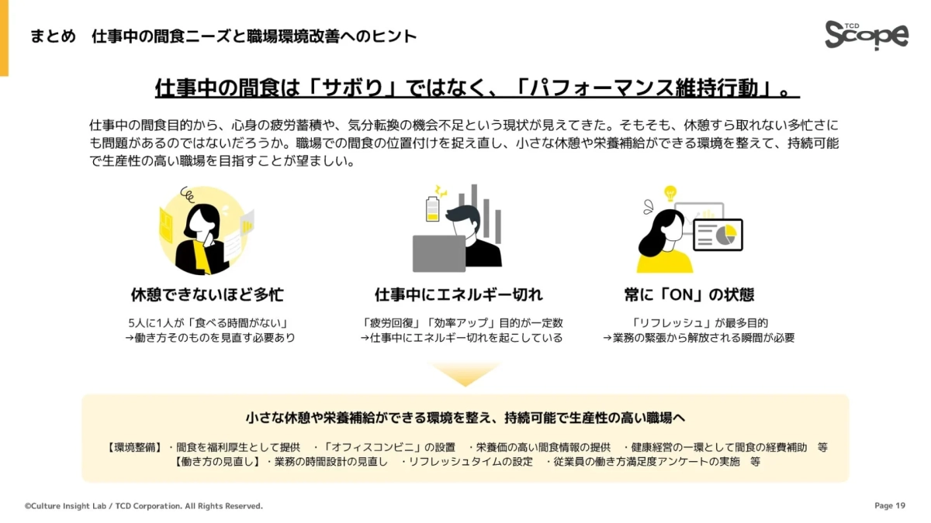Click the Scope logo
866,34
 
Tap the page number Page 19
890,506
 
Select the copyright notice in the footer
144,506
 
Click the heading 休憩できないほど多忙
207,295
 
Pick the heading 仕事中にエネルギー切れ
459,295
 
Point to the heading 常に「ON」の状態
689,295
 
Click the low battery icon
433,208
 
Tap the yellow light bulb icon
670,193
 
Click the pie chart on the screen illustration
725,234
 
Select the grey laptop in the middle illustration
439,253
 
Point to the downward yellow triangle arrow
465,373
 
